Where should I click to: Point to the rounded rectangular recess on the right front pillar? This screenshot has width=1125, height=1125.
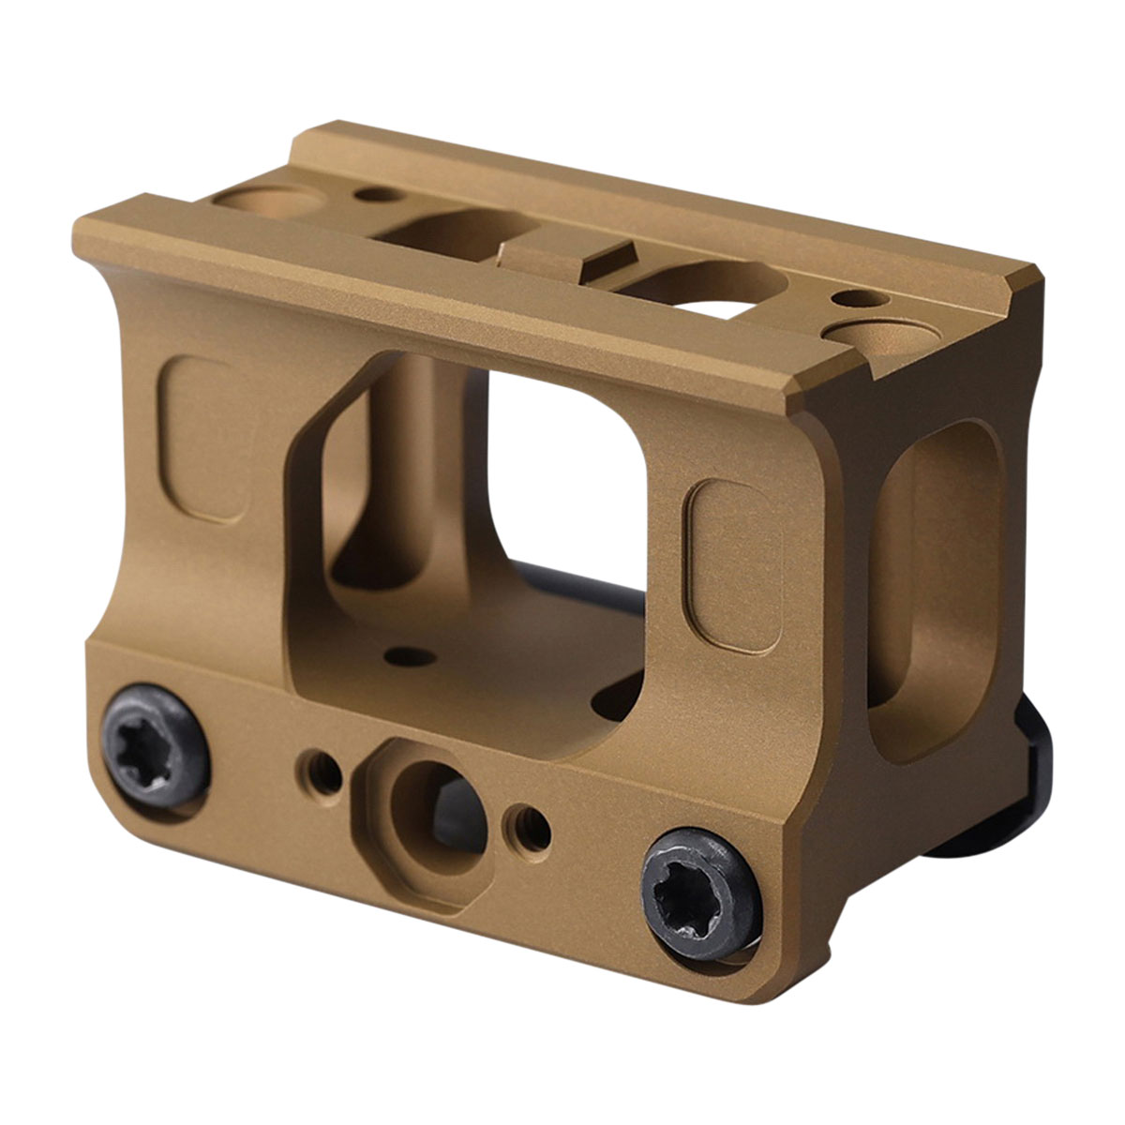733,565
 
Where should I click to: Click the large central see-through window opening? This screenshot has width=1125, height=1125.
562,469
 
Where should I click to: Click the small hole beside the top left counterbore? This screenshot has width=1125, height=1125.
375,195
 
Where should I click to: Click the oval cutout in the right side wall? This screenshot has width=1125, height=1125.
937,581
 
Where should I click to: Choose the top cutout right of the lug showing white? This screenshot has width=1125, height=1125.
712,291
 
